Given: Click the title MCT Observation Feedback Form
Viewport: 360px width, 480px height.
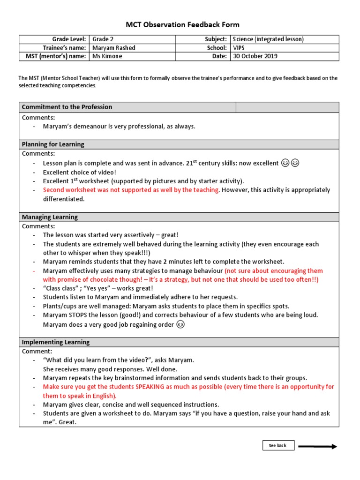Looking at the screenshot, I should coord(182,25).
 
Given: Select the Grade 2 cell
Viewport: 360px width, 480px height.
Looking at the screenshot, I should coord(103,39).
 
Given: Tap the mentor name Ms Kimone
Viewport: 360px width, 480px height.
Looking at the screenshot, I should coord(107,56).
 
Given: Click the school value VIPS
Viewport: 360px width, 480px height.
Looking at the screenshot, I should coord(240,48).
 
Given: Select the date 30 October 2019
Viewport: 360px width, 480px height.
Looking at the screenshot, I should coord(255,56).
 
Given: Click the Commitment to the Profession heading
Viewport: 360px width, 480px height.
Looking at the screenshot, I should coord(67,107).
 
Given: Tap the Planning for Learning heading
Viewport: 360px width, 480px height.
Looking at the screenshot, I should coord(53,144).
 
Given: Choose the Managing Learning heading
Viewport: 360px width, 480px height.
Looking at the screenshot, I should coord(50,217).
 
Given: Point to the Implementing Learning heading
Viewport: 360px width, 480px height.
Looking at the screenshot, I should coord(55,342).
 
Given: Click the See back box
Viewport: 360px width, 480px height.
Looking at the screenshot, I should coord(278,445).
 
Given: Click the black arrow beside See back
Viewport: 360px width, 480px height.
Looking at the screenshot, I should coord(317,446).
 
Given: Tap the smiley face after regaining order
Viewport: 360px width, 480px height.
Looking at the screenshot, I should coord(180,324).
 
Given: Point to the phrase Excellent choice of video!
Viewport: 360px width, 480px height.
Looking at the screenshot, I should coord(80,172).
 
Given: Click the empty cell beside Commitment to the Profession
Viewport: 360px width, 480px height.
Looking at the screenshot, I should coord(287,107).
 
